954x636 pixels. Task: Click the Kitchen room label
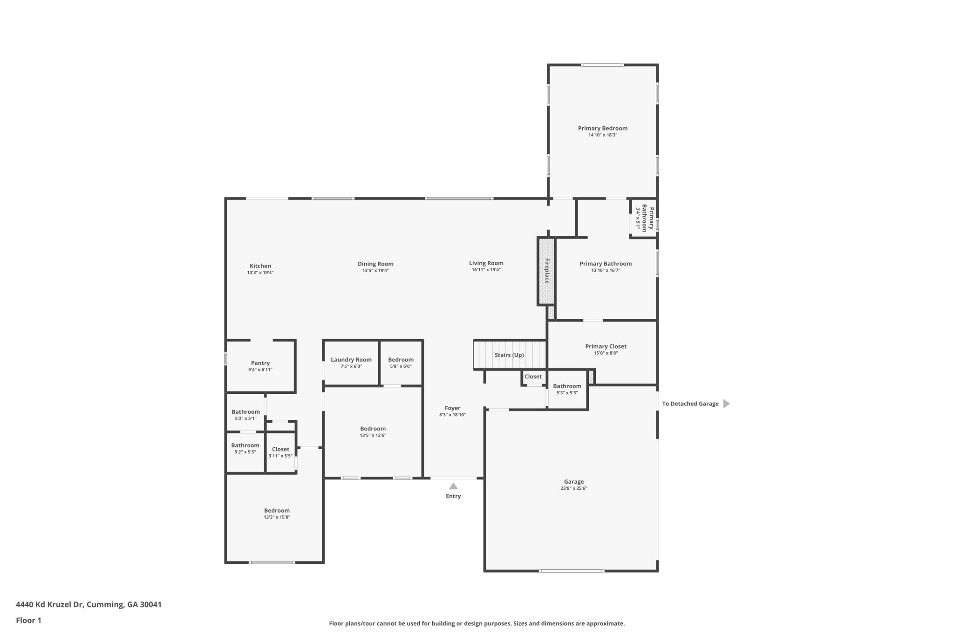[260, 266]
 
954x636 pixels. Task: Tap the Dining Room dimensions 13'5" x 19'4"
[375, 270]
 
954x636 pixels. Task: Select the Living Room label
[486, 263]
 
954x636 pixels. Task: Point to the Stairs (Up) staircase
[509, 355]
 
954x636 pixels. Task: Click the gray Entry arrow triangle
[453, 486]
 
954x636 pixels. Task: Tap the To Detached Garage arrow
[726, 404]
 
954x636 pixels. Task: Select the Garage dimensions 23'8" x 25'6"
[573, 488]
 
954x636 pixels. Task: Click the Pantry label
[260, 363]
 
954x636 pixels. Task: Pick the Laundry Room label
[351, 360]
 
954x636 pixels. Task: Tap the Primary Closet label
[606, 346]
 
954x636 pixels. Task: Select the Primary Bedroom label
[602, 128]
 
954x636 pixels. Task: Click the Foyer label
[452, 408]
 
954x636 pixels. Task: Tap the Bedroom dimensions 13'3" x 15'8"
[277, 517]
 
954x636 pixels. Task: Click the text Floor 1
[28, 620]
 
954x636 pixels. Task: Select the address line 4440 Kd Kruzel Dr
[89, 605]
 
